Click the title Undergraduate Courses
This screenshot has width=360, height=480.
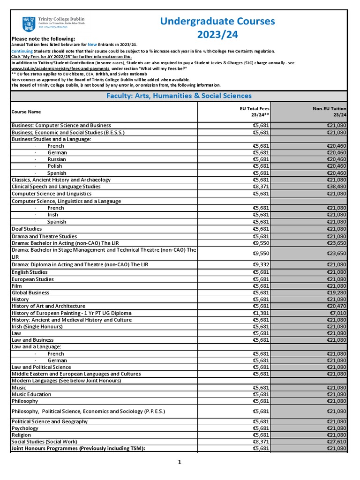tap(217, 21)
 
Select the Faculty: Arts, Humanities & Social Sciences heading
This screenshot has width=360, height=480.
tap(179, 96)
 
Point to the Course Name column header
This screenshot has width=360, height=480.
tap(26, 112)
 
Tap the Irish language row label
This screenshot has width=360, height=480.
tap(53, 215)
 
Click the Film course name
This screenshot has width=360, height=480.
tap(17, 286)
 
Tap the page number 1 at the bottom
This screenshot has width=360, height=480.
tap(180, 462)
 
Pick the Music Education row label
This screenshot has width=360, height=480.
tap(31, 394)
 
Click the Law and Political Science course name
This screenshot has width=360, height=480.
tap(41, 367)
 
